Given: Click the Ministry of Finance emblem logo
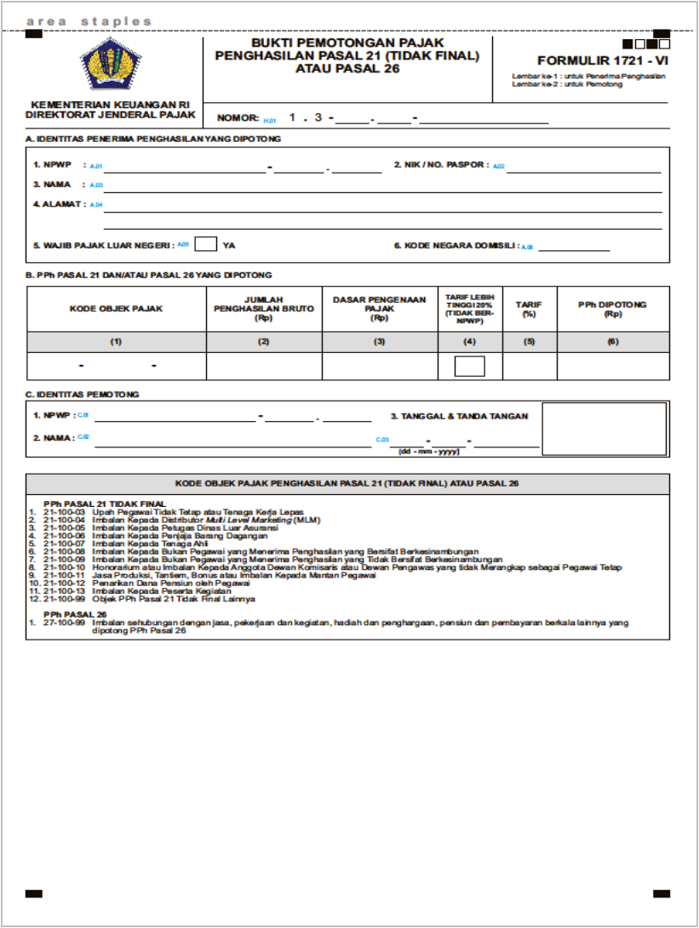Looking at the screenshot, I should click(111, 65).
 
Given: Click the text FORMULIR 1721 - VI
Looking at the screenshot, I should click(602, 61).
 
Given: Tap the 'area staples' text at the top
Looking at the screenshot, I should click(89, 21).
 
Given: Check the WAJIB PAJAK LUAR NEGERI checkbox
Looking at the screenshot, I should click(205, 244).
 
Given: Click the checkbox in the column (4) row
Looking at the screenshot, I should click(470, 367).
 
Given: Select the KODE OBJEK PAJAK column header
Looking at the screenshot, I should click(116, 309).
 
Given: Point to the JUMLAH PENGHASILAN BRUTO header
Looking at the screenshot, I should click(264, 309).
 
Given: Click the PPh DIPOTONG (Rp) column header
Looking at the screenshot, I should click(612, 309).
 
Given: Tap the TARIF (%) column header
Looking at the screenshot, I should click(529, 309).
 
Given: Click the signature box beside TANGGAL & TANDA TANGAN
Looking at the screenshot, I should click(604, 430).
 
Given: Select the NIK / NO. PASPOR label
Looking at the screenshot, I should click(439, 165).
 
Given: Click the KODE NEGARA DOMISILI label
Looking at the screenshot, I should click(455, 245).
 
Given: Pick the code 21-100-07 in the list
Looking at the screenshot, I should click(70, 543).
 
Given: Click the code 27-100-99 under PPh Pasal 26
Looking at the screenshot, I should click(70, 623).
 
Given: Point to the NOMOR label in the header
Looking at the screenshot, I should click(238, 118).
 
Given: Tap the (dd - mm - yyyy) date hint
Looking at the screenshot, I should click(429, 451).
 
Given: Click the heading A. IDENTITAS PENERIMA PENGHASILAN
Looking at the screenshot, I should click(153, 138).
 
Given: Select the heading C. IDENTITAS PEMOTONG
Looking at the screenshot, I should click(82, 395).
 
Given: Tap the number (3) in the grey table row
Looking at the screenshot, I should click(380, 341).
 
